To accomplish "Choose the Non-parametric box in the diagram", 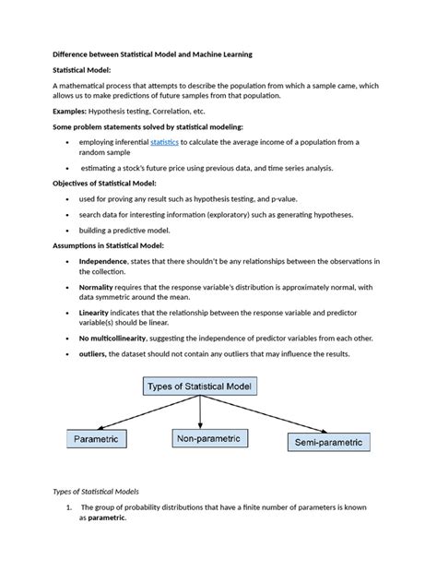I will pos(208,439).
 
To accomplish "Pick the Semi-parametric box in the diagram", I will pos(330,442).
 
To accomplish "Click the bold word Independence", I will pos(102,261).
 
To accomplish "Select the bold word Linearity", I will pos(96,313).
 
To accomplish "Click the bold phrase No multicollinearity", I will pos(117,339).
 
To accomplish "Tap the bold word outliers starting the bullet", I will pos(93,353).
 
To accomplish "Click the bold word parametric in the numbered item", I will pos(106,518).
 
